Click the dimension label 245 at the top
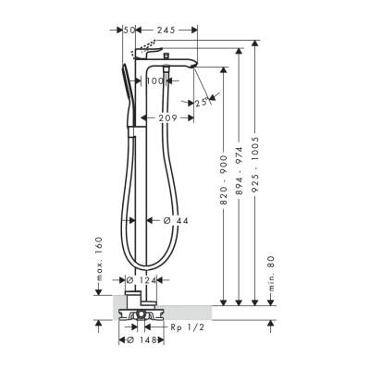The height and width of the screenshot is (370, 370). pyautogui.click(x=167, y=30)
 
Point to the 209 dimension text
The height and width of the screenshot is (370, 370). pyautogui.click(x=167, y=118)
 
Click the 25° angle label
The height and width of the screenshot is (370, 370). pyautogui.click(x=202, y=103)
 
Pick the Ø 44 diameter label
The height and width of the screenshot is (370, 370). pyautogui.click(x=177, y=220)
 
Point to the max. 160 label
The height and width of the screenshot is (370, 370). pyautogui.click(x=98, y=259)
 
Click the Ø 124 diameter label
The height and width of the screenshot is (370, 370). pyautogui.click(x=142, y=280)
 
